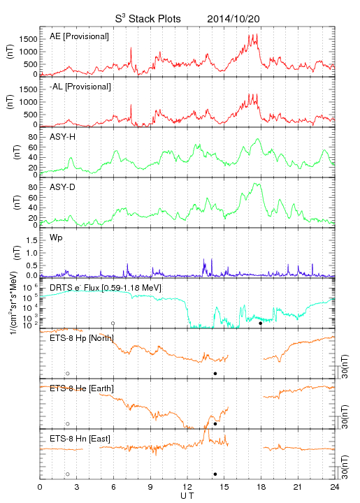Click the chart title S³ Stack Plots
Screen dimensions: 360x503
pyautogui.click(x=147, y=19)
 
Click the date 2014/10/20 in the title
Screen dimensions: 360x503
pyautogui.click(x=233, y=19)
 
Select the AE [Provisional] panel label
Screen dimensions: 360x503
pyautogui.click(x=79, y=36)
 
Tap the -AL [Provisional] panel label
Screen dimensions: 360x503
pyautogui.click(x=80, y=87)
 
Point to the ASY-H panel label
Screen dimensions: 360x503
pyautogui.click(x=63, y=137)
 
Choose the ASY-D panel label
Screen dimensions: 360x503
pyautogui.click(x=63, y=187)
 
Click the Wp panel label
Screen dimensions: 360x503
pyautogui.click(x=56, y=238)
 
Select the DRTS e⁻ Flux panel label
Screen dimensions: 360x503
pyautogui.click(x=106, y=288)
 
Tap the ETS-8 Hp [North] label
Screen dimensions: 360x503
pyautogui.click(x=82, y=338)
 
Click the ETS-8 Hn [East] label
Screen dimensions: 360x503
pyautogui.click(x=80, y=439)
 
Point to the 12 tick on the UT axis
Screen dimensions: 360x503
pyautogui.click(x=187, y=487)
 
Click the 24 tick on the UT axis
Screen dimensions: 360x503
pyautogui.click(x=335, y=487)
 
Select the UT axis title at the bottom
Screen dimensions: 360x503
pyautogui.click(x=187, y=496)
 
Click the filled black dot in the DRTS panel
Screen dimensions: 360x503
pyautogui.click(x=261, y=323)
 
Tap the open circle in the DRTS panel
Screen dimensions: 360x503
pyautogui.click(x=113, y=323)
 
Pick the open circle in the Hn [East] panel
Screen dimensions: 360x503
pyautogui.click(x=68, y=474)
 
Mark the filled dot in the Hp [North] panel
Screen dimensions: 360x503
pyautogui.click(x=215, y=374)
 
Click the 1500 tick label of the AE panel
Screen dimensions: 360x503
pyautogui.click(x=28, y=39)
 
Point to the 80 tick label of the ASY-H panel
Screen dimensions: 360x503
pyautogui.click(x=33, y=138)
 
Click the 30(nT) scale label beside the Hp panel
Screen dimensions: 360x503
pyautogui.click(x=345, y=367)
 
